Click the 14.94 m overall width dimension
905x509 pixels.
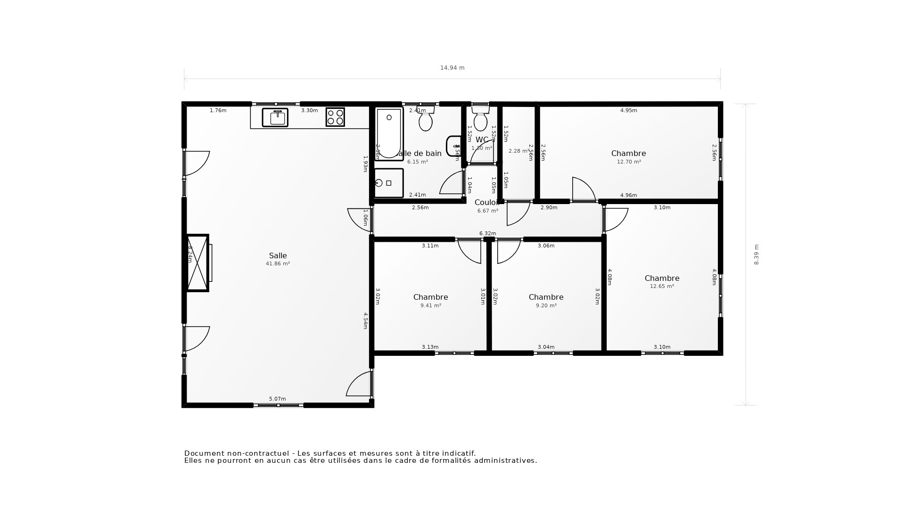(452, 68)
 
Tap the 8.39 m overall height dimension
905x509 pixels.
(756, 254)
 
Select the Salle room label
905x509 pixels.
(278, 255)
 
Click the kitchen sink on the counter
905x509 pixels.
(275, 117)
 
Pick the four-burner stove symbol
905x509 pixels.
(335, 117)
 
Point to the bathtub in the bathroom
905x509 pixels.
(389, 133)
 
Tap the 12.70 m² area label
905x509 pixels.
(629, 162)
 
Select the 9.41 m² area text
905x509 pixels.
(430, 306)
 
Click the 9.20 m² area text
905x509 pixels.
(546, 306)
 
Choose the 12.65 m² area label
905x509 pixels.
(662, 287)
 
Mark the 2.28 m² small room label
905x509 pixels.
(518, 151)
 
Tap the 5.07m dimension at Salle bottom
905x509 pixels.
(277, 399)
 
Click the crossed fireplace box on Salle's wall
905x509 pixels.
(197, 263)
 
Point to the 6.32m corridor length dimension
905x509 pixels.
(487, 234)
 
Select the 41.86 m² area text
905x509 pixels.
(278, 264)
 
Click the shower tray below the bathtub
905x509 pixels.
(389, 183)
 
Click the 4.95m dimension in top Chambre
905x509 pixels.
(628, 111)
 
